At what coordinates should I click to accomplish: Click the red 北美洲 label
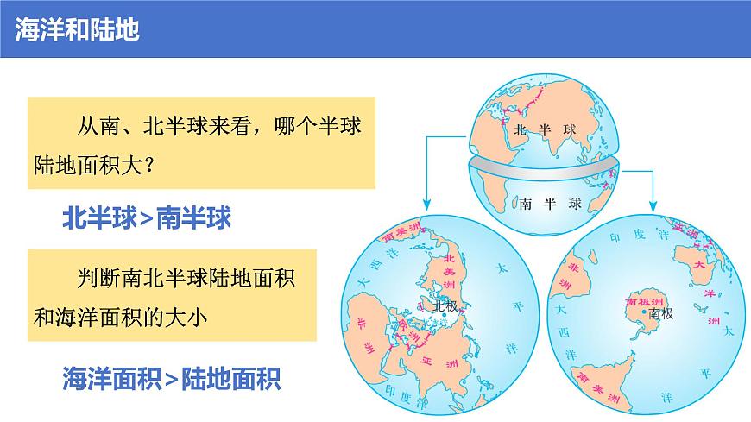click(448, 271)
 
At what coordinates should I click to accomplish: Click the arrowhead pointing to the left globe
click(426, 205)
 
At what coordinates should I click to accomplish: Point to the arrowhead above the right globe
click(654, 205)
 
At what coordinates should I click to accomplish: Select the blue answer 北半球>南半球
click(147, 217)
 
